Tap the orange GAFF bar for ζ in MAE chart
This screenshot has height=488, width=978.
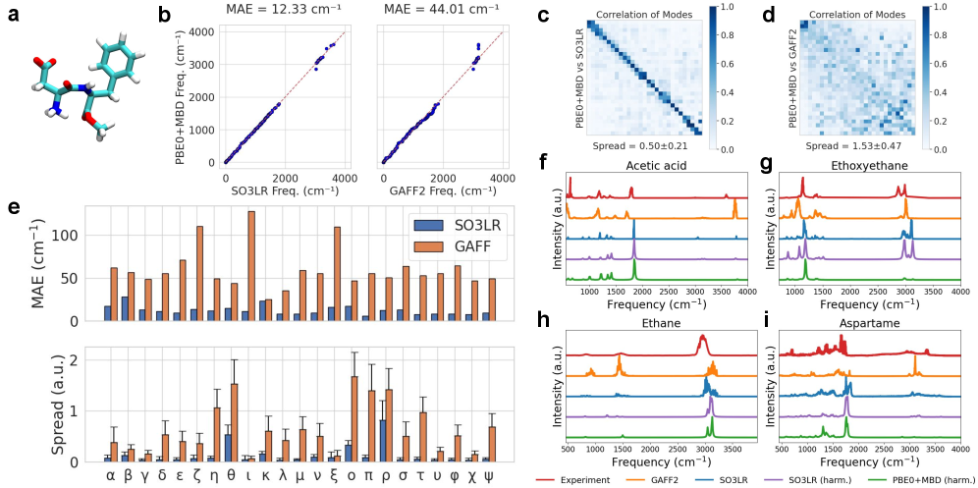click(x=199, y=274)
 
